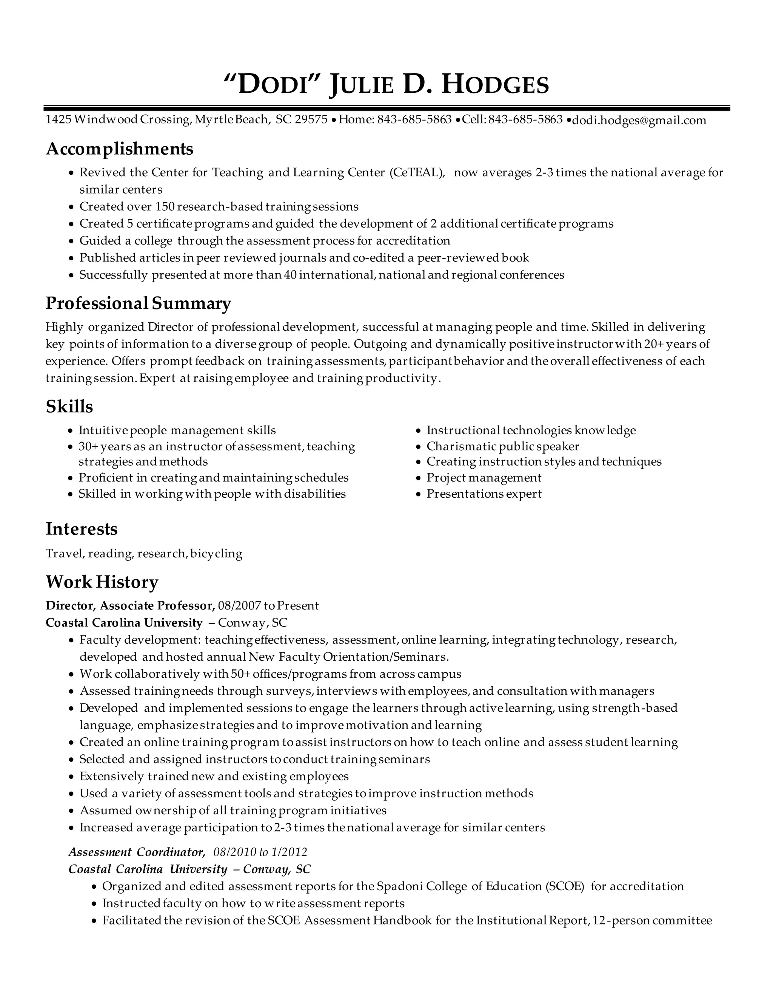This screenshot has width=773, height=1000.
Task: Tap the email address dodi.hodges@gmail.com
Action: pyautogui.click(x=639, y=120)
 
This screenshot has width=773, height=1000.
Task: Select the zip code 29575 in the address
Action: pyautogui.click(x=311, y=120)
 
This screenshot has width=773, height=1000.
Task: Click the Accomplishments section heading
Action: pyautogui.click(x=120, y=149)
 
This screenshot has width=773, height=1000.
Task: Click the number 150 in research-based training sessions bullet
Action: pyautogui.click(x=165, y=206)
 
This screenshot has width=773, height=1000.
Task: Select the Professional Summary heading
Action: pyautogui.click(x=138, y=303)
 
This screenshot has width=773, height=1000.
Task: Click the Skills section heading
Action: pyautogui.click(x=69, y=406)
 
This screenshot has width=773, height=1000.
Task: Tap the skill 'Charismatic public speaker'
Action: pyautogui.click(x=502, y=446)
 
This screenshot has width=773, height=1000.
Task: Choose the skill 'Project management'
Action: pyautogui.click(x=484, y=478)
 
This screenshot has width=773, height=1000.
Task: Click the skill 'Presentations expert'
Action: pyautogui.click(x=484, y=494)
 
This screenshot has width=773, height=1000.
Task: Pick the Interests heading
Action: pyautogui.click(x=82, y=529)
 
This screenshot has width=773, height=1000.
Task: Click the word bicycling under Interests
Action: pyautogui.click(x=216, y=554)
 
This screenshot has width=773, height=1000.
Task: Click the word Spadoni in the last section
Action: pyautogui.click(x=399, y=886)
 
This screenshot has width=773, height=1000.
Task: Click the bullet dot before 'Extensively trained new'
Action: pyautogui.click(x=71, y=777)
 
